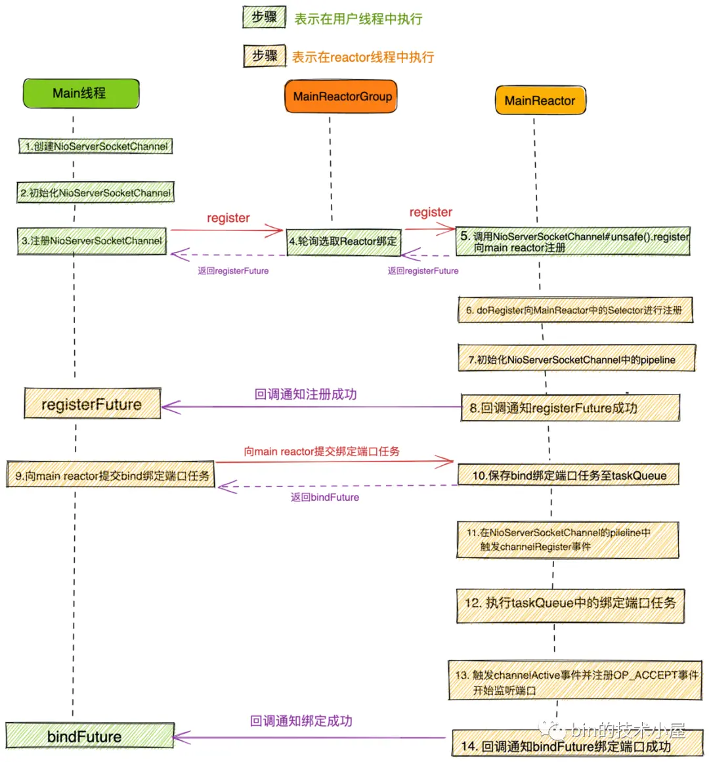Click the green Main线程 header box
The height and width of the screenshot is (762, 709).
tap(81, 93)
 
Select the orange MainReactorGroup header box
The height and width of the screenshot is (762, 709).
tap(341, 96)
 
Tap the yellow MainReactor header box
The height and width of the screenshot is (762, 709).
tap(540, 100)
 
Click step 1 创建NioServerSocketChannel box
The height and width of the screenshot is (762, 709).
tap(96, 146)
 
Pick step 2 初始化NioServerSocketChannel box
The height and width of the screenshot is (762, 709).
tap(96, 193)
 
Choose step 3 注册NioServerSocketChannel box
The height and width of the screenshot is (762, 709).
tap(92, 241)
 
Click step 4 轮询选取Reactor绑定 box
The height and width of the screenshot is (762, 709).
tap(343, 242)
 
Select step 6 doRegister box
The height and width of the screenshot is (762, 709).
tap(575, 310)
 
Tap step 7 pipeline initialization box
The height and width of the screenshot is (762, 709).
tap(576, 359)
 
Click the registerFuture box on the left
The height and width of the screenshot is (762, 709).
tap(92, 404)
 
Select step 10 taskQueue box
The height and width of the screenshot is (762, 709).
tap(569, 475)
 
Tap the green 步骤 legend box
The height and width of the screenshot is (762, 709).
tap(264, 18)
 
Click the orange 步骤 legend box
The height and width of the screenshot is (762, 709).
tap(265, 56)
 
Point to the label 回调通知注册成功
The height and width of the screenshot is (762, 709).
tap(305, 394)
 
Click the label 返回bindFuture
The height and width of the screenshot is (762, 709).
tap(325, 497)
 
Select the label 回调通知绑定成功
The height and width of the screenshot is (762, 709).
tap(301, 721)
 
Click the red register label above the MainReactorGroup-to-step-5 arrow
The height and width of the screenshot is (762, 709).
tap(431, 212)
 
